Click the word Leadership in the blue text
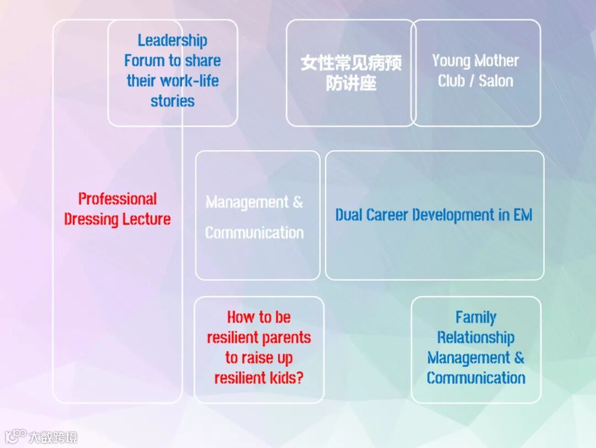172,40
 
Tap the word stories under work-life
172,101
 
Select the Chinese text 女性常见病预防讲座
351,72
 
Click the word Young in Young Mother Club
449,61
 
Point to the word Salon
496,81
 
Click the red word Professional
118,199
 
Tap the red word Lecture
145,219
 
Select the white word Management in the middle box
247,203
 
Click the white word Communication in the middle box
254,233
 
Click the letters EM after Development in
523,215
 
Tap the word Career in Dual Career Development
390,215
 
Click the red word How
240,317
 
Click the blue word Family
476,318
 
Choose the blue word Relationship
476,338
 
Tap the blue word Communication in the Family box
476,378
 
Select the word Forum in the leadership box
145,61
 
